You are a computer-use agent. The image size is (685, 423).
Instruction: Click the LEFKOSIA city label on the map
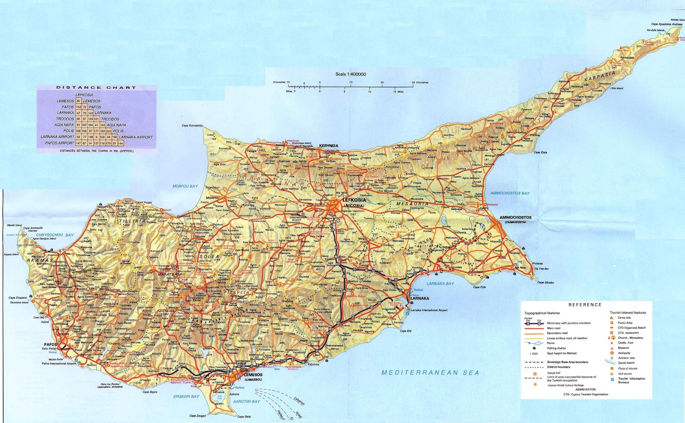354,200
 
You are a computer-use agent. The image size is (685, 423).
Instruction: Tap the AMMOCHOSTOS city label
515,217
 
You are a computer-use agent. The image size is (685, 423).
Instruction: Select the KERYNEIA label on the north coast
328,146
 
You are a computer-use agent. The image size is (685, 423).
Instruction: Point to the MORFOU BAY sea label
185,186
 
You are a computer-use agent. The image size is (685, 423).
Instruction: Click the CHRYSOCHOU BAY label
55,235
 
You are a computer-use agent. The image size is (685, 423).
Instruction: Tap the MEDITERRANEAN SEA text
430,373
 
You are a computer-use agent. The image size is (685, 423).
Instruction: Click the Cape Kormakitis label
192,126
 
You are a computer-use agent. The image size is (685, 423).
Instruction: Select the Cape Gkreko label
545,282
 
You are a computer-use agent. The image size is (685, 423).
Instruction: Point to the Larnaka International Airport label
429,310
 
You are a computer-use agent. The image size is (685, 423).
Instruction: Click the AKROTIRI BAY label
246,402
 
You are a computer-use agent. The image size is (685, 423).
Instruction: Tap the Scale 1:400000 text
351,74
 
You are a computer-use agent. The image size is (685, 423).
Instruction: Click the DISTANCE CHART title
96,87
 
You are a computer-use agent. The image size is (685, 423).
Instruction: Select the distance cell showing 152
78,107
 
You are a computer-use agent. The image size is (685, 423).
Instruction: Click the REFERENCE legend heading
585,305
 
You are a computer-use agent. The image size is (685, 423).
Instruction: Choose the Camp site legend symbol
612,318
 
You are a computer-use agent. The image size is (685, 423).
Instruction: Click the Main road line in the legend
534,328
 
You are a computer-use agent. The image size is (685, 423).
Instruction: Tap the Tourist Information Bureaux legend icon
612,379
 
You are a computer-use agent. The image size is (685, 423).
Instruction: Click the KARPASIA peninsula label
600,77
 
